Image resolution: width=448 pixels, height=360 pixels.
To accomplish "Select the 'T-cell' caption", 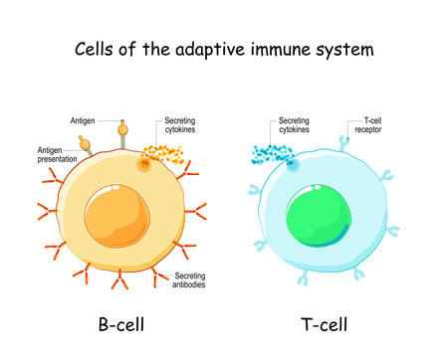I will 324,324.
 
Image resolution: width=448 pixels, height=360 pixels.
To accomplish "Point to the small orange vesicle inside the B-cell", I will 145,165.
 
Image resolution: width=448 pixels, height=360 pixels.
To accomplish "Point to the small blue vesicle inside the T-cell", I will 293,166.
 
